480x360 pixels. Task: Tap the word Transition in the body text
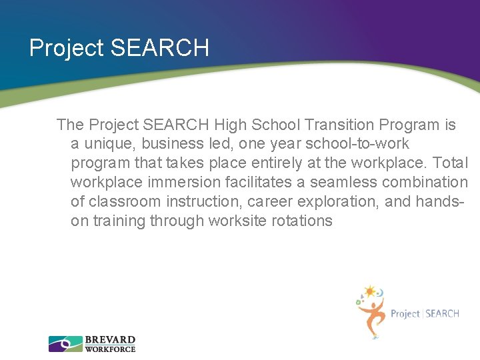click(341, 125)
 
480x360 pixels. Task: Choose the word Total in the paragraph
click(451, 163)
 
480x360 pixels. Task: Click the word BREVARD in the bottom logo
click(110, 340)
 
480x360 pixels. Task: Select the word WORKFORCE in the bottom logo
click(110, 349)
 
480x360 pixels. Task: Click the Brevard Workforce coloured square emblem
click(65, 344)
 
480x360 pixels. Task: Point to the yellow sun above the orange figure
click(370, 291)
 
